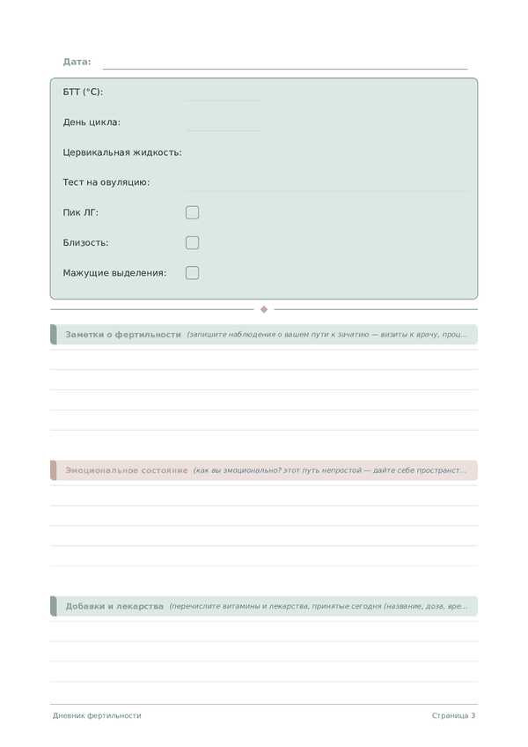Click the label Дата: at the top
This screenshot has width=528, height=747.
(x=77, y=62)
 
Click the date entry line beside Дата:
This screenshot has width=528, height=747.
(x=285, y=67)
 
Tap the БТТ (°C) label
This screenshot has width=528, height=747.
(x=83, y=92)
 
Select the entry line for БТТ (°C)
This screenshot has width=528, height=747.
(x=223, y=99)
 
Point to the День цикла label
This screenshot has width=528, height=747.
(x=92, y=122)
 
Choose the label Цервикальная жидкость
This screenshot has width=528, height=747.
(x=122, y=152)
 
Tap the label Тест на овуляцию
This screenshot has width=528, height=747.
(x=106, y=182)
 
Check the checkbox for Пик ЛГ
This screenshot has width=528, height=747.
(x=193, y=212)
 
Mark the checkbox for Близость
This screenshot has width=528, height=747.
(x=193, y=242)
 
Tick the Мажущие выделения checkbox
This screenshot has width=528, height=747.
(x=193, y=273)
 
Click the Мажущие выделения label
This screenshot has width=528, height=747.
(x=114, y=273)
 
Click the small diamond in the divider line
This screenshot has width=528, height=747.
(x=264, y=309)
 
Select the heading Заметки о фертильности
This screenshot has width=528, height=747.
(x=123, y=335)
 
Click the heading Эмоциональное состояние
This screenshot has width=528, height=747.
(x=127, y=470)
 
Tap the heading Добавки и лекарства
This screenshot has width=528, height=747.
(x=114, y=606)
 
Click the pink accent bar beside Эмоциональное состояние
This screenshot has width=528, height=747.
(x=54, y=470)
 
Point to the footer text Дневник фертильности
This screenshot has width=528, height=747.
(x=97, y=715)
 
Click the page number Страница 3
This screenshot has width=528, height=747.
(x=453, y=715)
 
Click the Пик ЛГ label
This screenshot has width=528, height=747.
(x=81, y=212)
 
